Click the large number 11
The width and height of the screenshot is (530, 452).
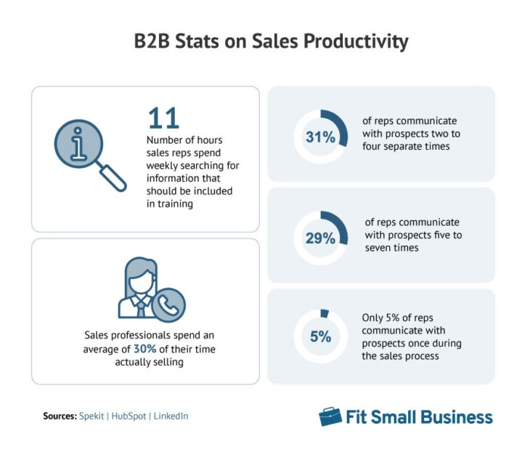[x=163, y=118]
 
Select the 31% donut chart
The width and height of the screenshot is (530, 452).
[x=320, y=136]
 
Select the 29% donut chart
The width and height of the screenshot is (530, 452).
[x=320, y=237]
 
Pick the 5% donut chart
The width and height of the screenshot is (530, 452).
[x=320, y=336]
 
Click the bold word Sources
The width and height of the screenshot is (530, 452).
[x=60, y=416]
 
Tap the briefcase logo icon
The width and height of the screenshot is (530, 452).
[x=330, y=416]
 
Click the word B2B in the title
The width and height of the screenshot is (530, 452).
[x=152, y=42]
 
